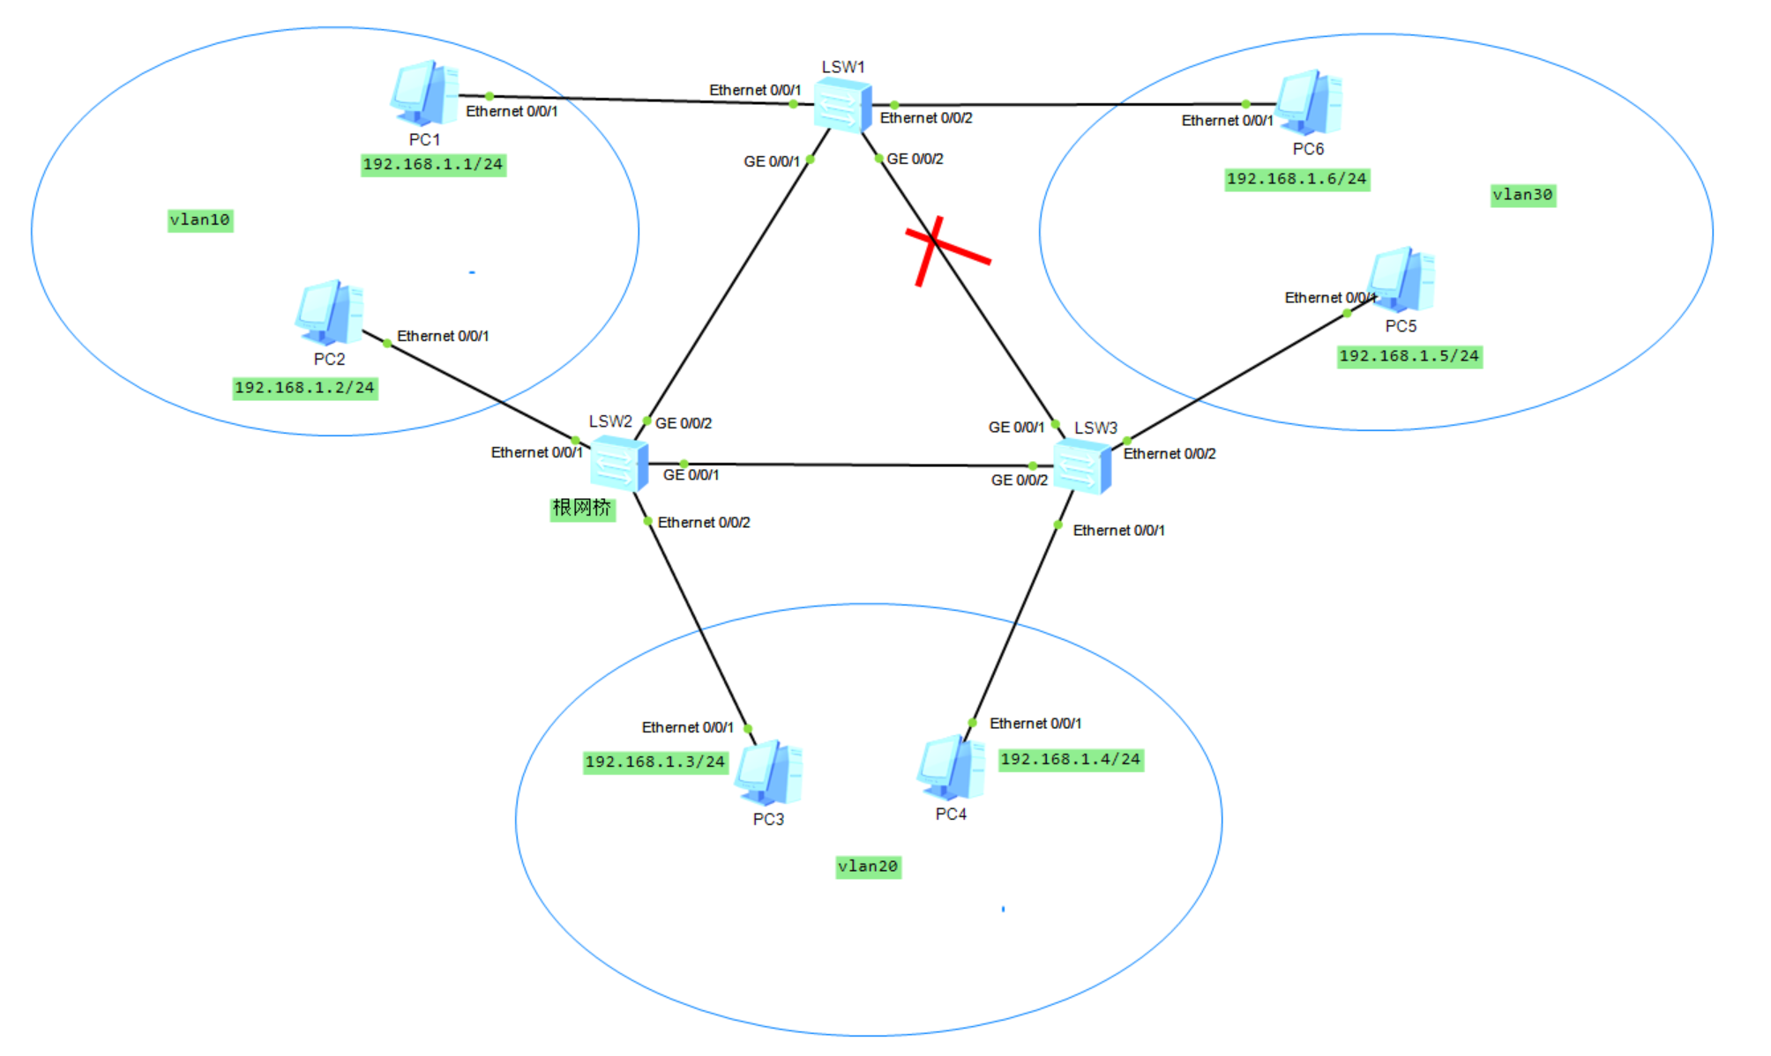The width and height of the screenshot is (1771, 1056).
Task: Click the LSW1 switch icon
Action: pyautogui.click(x=842, y=105)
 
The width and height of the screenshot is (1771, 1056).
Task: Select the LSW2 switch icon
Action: pyautogui.click(x=619, y=463)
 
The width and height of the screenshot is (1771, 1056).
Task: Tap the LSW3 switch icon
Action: pyautogui.click(x=1082, y=466)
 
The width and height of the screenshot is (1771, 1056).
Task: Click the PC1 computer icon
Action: pyautogui.click(x=424, y=93)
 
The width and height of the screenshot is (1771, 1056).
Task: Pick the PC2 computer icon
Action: pyautogui.click(x=329, y=313)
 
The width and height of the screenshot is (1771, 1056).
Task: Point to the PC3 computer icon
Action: pyautogui.click(x=770, y=772)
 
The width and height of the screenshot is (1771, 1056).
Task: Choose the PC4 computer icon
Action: pyautogui.click(x=951, y=768)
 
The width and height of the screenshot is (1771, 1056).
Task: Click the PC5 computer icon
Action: pyautogui.click(x=1401, y=280)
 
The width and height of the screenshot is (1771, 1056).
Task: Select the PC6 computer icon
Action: pyautogui.click(x=1309, y=102)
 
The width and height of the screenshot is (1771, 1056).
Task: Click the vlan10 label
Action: pyautogui.click(x=200, y=219)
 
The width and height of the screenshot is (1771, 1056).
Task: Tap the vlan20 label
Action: pyautogui.click(x=868, y=866)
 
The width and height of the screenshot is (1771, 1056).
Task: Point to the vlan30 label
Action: pyautogui.click(x=1523, y=195)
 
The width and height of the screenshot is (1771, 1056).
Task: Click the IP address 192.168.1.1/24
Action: pyautogui.click(x=433, y=165)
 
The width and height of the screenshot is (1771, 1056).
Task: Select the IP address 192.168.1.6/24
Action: pyautogui.click(x=1297, y=180)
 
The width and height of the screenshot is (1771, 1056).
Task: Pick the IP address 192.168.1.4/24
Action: pyautogui.click(x=1071, y=760)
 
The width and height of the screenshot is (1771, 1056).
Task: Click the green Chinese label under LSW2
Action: pyautogui.click(x=582, y=509)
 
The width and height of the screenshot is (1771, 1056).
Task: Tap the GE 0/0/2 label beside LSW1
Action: pyautogui.click(x=915, y=160)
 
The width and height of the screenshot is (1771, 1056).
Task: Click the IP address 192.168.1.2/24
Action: pyautogui.click(x=305, y=389)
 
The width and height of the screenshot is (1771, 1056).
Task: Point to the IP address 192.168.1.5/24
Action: pyautogui.click(x=1409, y=357)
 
